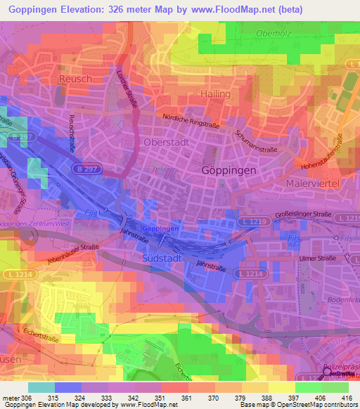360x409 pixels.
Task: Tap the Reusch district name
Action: [x=75, y=79]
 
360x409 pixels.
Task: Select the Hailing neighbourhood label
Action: [x=216, y=93]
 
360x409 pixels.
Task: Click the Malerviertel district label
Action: [x=314, y=183]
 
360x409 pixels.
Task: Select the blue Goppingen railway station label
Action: [x=160, y=229]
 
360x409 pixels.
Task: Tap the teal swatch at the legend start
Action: [x=41, y=387]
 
